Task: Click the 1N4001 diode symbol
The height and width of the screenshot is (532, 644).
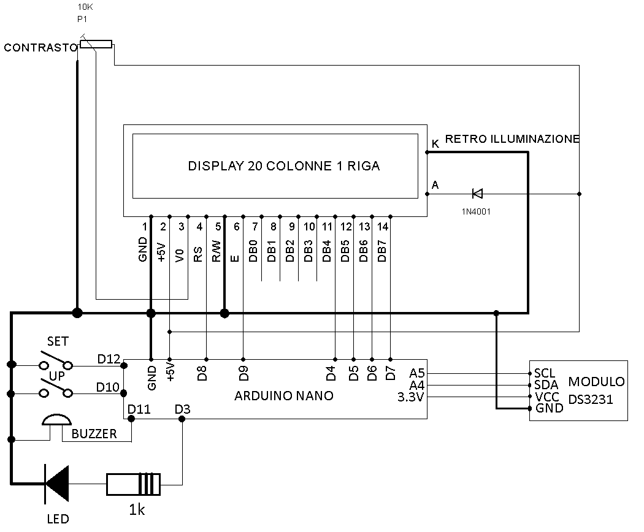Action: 477,193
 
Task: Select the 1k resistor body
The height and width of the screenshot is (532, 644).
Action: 134,484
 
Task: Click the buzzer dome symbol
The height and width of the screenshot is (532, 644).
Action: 56,419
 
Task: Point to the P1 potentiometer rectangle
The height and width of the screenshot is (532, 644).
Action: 96,44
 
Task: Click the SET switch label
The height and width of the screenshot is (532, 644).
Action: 58,341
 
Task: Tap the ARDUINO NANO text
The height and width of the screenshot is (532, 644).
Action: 284,396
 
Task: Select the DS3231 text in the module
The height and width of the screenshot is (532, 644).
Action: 591,399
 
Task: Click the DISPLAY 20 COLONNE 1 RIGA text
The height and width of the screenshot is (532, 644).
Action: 284,166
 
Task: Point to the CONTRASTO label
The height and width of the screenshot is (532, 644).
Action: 40,48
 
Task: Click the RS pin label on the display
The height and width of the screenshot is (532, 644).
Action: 198,254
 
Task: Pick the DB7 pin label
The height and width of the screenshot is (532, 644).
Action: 382,251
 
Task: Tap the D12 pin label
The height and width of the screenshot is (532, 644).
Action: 109,359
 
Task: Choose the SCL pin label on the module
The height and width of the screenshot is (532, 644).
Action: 545,373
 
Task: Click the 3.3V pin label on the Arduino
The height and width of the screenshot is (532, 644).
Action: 410,397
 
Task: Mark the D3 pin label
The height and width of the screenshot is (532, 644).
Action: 182,409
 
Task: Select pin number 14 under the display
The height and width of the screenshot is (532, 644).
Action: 382,227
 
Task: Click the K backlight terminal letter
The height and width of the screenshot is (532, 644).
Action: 435,143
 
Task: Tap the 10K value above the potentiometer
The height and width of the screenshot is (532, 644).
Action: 85,7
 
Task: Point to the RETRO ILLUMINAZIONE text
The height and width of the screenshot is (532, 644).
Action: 512,139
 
